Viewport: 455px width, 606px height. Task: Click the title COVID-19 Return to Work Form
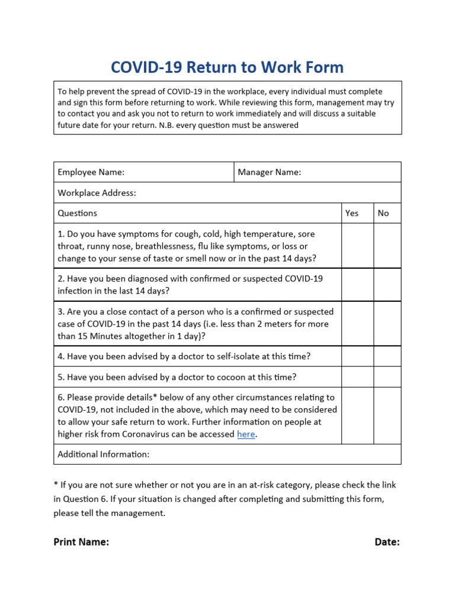coord(227,67)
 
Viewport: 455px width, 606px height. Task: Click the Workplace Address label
coord(97,193)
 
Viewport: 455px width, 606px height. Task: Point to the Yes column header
coord(352,213)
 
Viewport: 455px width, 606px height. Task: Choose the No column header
coord(383,213)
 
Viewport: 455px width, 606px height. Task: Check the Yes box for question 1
coord(357,246)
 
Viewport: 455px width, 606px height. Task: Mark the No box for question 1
coord(387,246)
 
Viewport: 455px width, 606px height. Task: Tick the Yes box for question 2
coord(357,285)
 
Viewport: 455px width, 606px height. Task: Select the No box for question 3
coord(387,324)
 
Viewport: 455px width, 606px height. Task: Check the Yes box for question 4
coord(357,356)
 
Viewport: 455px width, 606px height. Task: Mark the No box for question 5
coord(387,377)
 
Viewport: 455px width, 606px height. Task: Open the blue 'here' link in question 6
coord(246,434)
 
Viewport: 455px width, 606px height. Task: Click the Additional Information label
coord(103,454)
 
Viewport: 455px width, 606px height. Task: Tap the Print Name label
coord(81,542)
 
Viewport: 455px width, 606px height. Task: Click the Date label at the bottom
coord(387,542)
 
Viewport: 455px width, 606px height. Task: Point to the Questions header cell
coord(78,213)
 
